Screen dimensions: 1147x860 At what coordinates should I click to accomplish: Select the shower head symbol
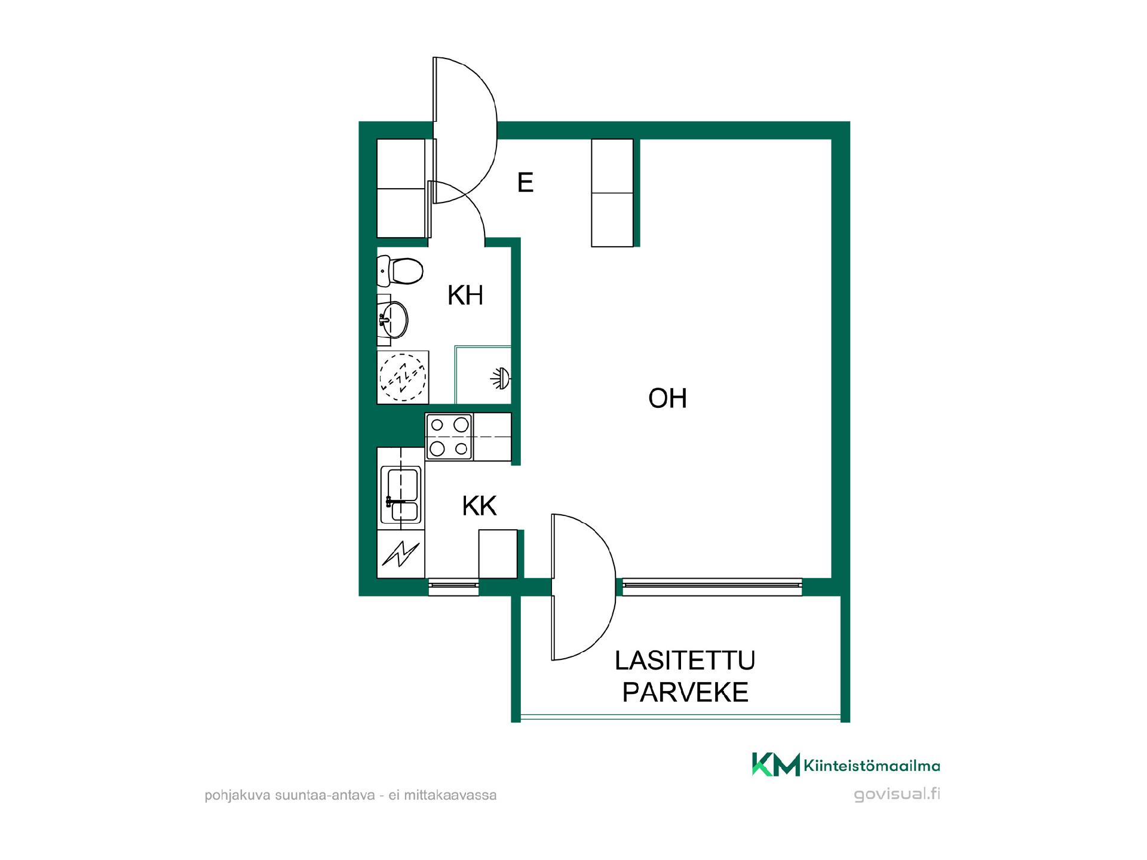point(501,377)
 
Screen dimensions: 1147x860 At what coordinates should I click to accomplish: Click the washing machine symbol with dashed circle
point(403,377)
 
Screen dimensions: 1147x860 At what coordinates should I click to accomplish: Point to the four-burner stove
point(449,437)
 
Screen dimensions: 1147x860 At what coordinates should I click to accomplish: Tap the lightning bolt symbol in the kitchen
point(401,554)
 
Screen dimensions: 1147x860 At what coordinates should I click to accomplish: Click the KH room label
point(465,295)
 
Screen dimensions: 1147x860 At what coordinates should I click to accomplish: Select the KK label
point(479,506)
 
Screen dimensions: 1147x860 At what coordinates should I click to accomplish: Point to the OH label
point(667,398)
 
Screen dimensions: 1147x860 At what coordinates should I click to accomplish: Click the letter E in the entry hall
point(525,182)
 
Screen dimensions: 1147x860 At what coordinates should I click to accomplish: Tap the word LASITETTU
point(685,661)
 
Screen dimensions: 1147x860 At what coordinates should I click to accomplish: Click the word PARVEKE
point(685,692)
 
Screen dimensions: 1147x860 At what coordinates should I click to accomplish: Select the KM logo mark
point(775,764)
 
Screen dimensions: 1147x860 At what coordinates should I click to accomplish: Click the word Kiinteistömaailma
point(872,766)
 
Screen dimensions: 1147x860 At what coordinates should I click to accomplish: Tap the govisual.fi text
point(897,795)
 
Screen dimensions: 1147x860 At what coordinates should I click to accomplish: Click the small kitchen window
point(453,587)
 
